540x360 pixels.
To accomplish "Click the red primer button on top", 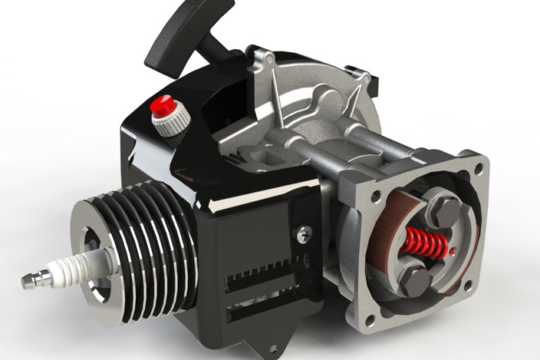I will (162, 105).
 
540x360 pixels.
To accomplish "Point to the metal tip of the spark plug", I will (31, 282).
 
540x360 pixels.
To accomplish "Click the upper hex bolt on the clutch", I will (445, 208).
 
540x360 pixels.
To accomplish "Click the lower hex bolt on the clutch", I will (415, 279).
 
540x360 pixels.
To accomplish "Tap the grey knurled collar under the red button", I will (170, 123).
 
